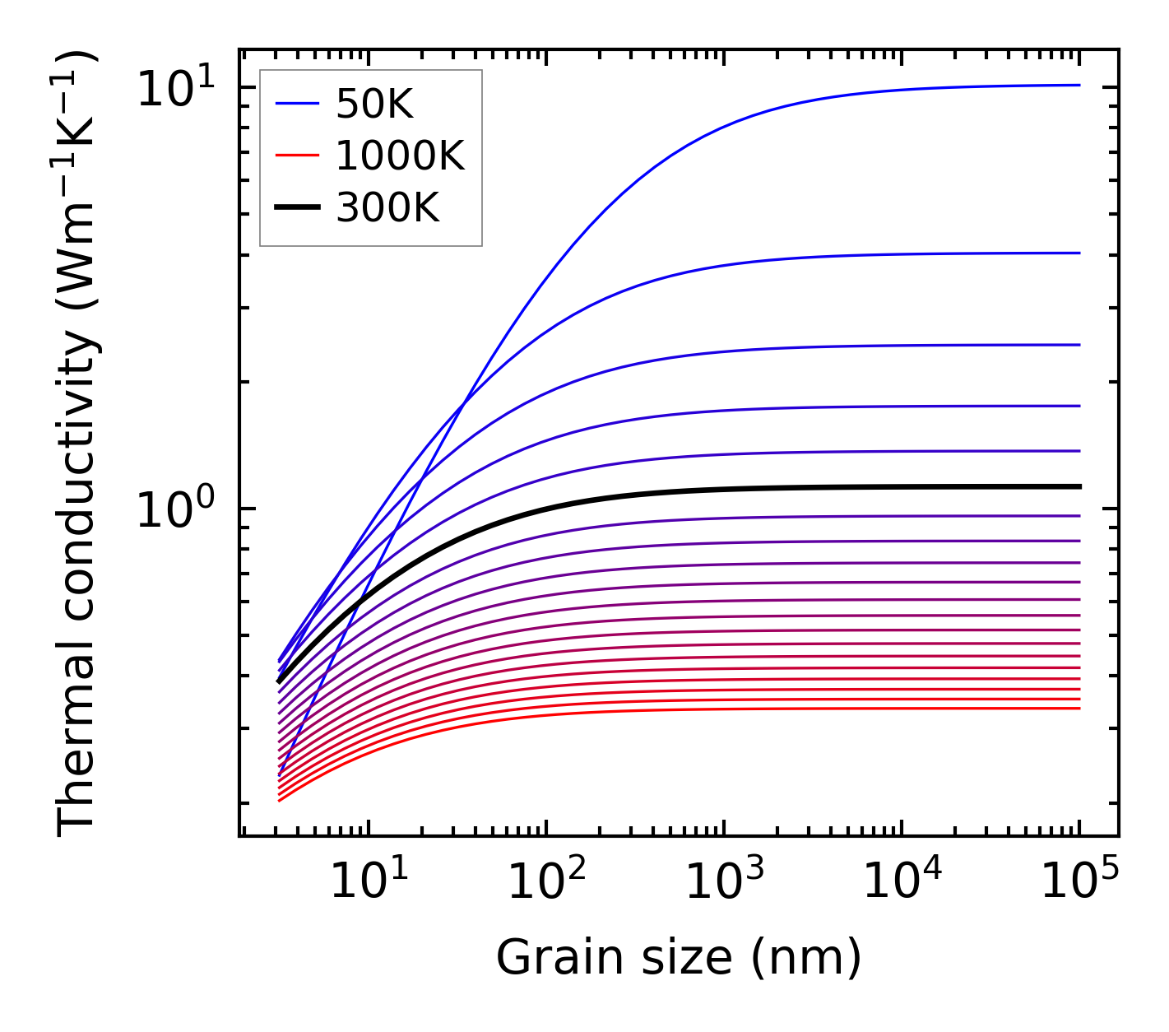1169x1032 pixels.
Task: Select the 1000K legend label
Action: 400,156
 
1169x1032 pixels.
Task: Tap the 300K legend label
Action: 387,208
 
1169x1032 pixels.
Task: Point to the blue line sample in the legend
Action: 296,104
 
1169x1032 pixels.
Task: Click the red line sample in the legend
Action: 296,156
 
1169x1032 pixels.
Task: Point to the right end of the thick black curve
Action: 1079,486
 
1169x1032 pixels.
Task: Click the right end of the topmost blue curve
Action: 1079,85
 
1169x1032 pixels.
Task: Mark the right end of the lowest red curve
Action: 1079,708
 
